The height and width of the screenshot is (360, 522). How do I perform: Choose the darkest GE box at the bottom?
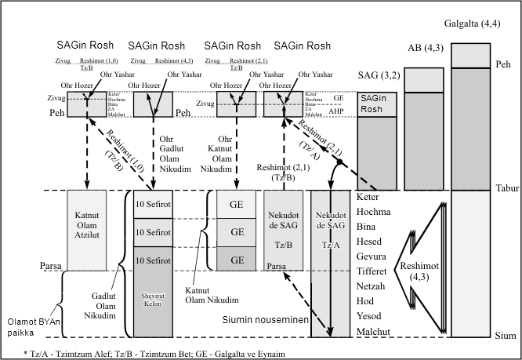(237, 260)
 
